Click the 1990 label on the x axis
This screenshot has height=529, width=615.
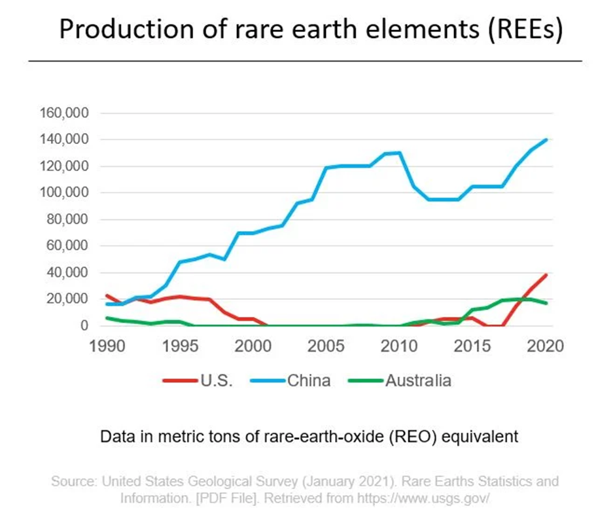pos(107,346)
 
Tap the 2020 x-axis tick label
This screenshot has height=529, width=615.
pos(546,346)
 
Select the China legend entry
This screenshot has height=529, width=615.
pos(307,380)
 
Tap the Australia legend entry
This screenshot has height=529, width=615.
pos(419,380)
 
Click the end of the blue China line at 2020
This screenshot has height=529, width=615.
pos(546,139)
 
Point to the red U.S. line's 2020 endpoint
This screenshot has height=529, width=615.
pos(546,275)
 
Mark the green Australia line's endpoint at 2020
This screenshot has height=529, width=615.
pos(546,303)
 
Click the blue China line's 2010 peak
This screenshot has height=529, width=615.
pos(400,153)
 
